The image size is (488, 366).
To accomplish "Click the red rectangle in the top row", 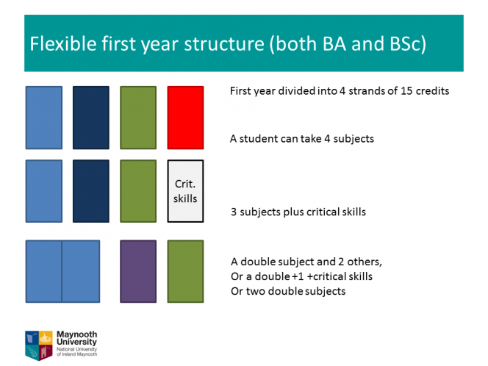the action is click(x=185, y=118).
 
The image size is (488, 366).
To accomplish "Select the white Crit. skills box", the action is click(x=185, y=191).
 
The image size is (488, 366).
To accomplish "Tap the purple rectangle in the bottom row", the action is click(x=138, y=271).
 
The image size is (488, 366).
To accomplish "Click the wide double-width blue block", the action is click(x=62, y=271).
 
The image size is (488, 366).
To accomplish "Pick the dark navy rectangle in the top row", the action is click(x=91, y=118).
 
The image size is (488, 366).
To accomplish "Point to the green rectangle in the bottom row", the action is click(x=185, y=271).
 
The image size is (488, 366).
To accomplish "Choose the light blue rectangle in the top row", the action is click(x=44, y=118).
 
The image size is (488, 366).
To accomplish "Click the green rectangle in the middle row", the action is click(x=138, y=191).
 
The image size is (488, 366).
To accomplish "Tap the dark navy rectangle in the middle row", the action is click(x=91, y=191).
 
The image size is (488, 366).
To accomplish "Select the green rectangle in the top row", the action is click(x=138, y=118).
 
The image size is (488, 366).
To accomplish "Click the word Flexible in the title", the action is click(x=63, y=43).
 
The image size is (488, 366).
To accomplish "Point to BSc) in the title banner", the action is click(x=408, y=44).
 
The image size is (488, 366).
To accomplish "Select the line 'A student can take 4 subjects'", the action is click(x=302, y=138).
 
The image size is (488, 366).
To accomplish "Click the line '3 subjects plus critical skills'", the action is click(x=298, y=212).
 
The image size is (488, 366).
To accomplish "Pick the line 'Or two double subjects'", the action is click(x=288, y=291).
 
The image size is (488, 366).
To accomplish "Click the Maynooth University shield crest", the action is click(x=39, y=345).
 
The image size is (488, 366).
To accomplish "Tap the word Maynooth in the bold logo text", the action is click(x=77, y=334).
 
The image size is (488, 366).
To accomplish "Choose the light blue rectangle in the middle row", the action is click(x=44, y=191).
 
